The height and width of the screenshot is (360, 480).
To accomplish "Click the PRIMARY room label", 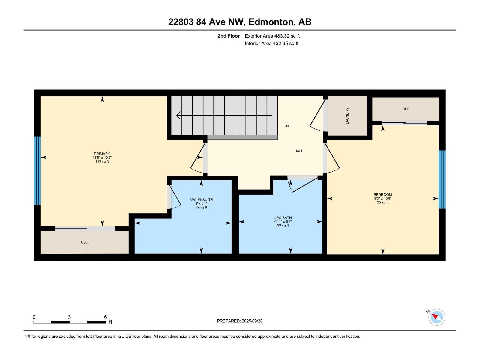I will click(102, 154).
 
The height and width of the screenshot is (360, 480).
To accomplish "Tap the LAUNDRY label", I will click(347, 116).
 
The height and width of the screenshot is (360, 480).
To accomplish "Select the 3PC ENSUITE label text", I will click(201, 200).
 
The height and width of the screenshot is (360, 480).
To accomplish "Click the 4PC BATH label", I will click(283, 218).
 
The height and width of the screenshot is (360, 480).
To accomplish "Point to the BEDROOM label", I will click(383, 195).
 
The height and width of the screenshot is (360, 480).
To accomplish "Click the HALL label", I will click(298, 151).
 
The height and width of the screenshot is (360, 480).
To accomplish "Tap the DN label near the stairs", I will click(286, 126).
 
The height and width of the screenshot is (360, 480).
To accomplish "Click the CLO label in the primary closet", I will click(85, 242).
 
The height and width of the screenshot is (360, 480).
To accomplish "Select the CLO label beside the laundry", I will click(406, 109).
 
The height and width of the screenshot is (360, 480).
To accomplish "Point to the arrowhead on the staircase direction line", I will click(179, 115).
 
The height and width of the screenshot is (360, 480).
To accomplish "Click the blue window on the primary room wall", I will click(37, 170).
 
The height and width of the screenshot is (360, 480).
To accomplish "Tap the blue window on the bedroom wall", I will click(442, 179).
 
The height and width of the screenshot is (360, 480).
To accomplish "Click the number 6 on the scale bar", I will click(105, 317).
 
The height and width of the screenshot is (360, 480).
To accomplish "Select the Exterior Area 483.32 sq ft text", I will click(272, 36).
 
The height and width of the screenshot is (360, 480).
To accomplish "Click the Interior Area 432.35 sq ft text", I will click(271, 43).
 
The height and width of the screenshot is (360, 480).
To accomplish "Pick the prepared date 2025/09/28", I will click(252, 321).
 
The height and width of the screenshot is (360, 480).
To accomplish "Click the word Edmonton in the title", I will click(271, 22).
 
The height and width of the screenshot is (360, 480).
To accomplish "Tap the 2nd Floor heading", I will click(229, 36).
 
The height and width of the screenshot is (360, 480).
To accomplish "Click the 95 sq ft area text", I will click(383, 202).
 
